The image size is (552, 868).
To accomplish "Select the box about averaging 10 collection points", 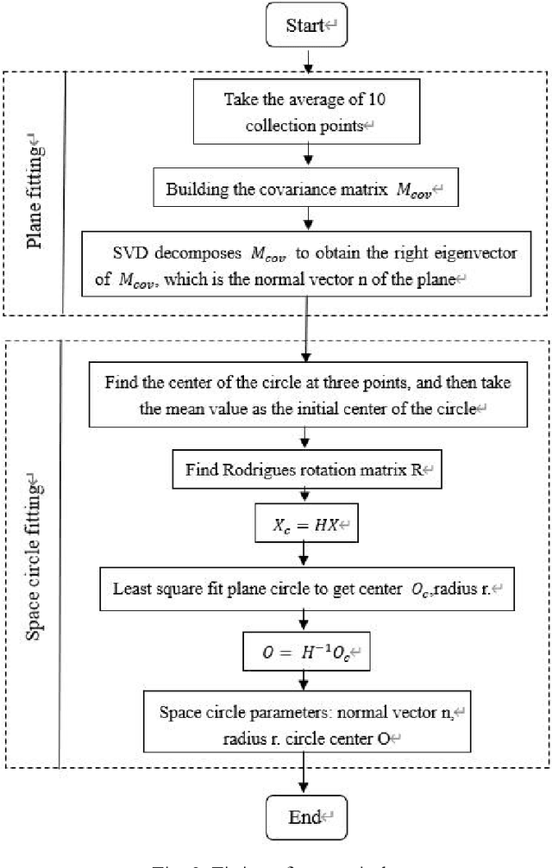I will click(305, 111).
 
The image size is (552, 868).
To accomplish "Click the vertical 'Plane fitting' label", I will click(35, 192).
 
